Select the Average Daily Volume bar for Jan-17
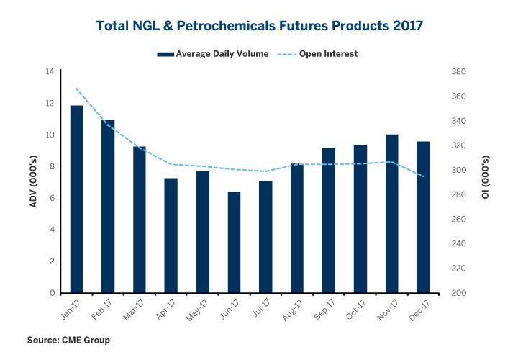coord(76,199)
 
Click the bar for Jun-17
coord(234,243)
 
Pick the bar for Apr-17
coord(171,235)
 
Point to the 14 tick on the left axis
coord(50,72)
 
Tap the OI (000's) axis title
coord(486,182)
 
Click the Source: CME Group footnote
coord(68,340)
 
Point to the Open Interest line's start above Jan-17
coord(76,88)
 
